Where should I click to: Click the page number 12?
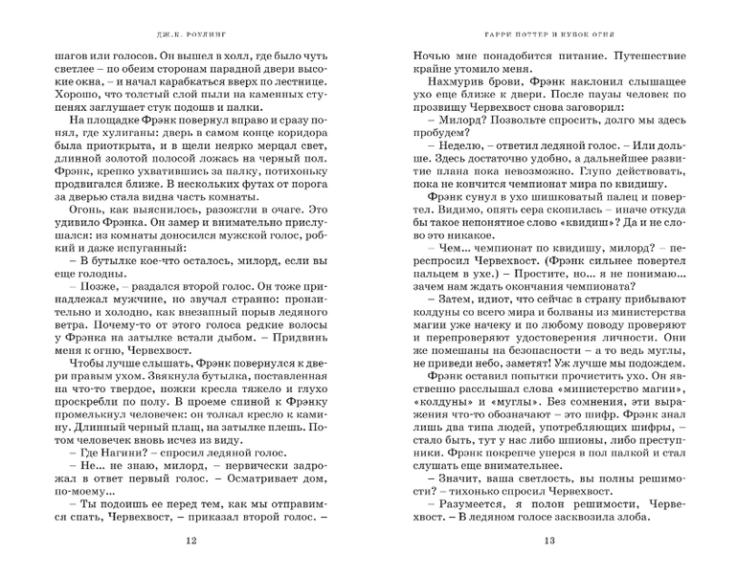(193, 543)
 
